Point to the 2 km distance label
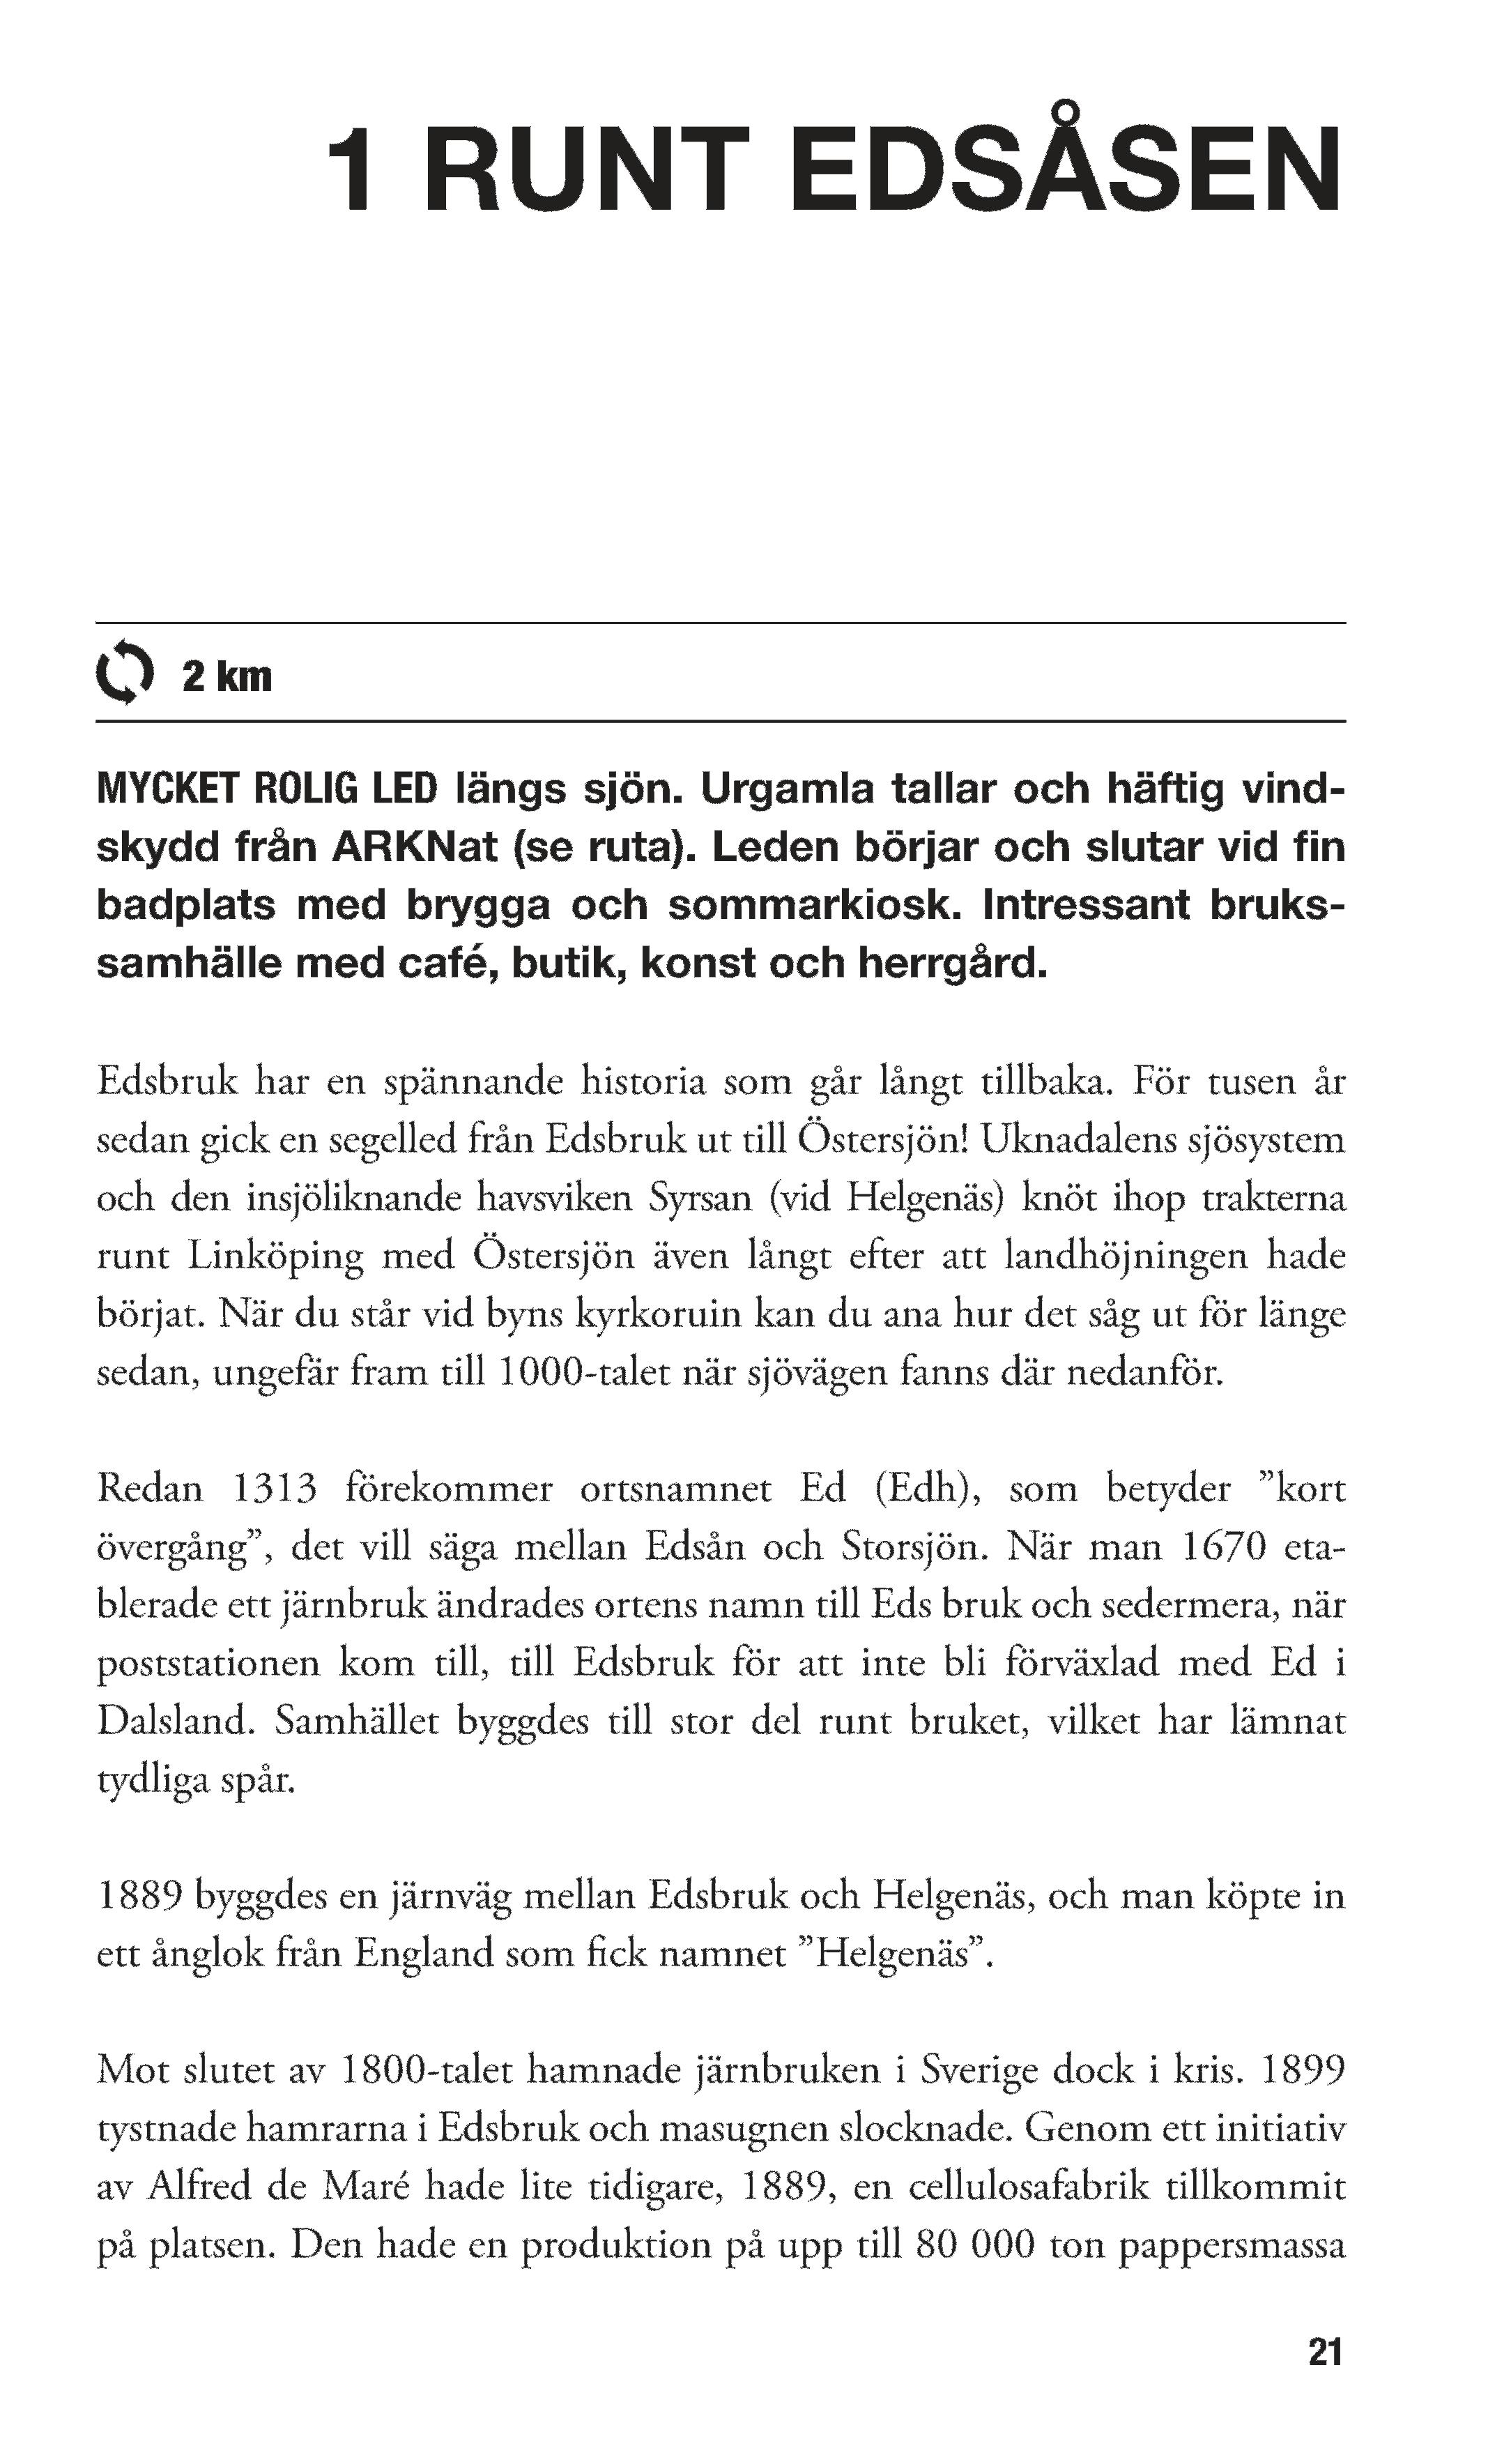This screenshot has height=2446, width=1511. (x=227, y=677)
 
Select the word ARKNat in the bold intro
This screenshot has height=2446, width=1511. (x=414, y=848)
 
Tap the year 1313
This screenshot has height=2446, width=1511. (x=274, y=1489)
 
